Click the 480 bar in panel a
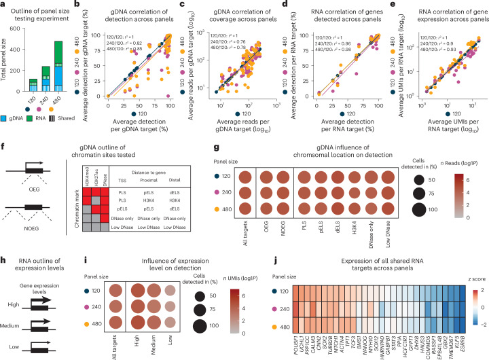point(68,67)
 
